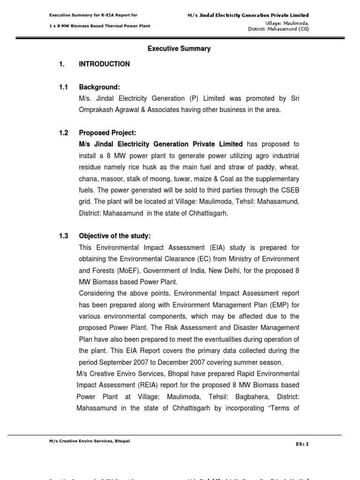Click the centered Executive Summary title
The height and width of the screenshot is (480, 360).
point(180,49)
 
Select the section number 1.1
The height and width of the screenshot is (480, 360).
point(64,87)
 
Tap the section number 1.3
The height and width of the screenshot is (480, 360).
point(64,236)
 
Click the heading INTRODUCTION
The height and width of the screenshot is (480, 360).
point(105,64)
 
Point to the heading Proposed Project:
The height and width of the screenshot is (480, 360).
point(107,133)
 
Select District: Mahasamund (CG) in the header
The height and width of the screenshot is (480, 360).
point(278,29)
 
